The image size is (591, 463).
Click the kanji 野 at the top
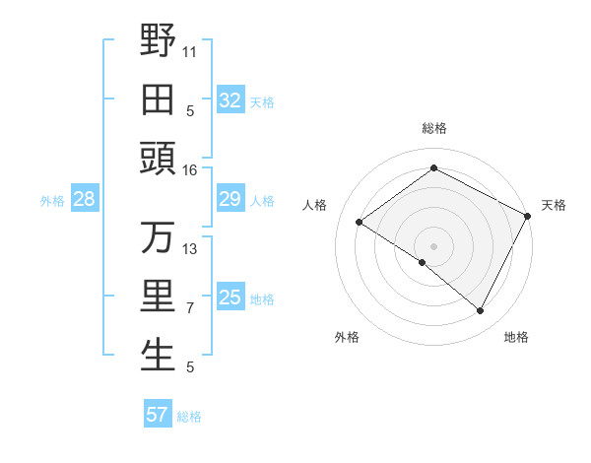click(x=158, y=41)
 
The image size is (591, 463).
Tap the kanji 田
click(x=158, y=100)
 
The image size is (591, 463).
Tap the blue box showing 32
click(x=230, y=100)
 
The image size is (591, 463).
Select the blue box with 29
click(x=230, y=200)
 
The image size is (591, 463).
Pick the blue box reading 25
click(x=230, y=298)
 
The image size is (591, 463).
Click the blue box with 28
click(x=84, y=200)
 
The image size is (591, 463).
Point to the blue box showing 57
click(x=158, y=415)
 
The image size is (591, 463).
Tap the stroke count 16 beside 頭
click(x=190, y=170)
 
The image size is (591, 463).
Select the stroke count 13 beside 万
click(x=190, y=249)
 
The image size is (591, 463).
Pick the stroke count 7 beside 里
click(x=190, y=308)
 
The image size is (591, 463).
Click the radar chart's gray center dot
click(x=433, y=245)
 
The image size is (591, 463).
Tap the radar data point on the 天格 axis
click(x=528, y=215)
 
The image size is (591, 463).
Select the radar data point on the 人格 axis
click(x=359, y=222)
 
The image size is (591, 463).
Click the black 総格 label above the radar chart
click(x=433, y=128)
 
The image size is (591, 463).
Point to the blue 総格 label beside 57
click(x=189, y=416)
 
